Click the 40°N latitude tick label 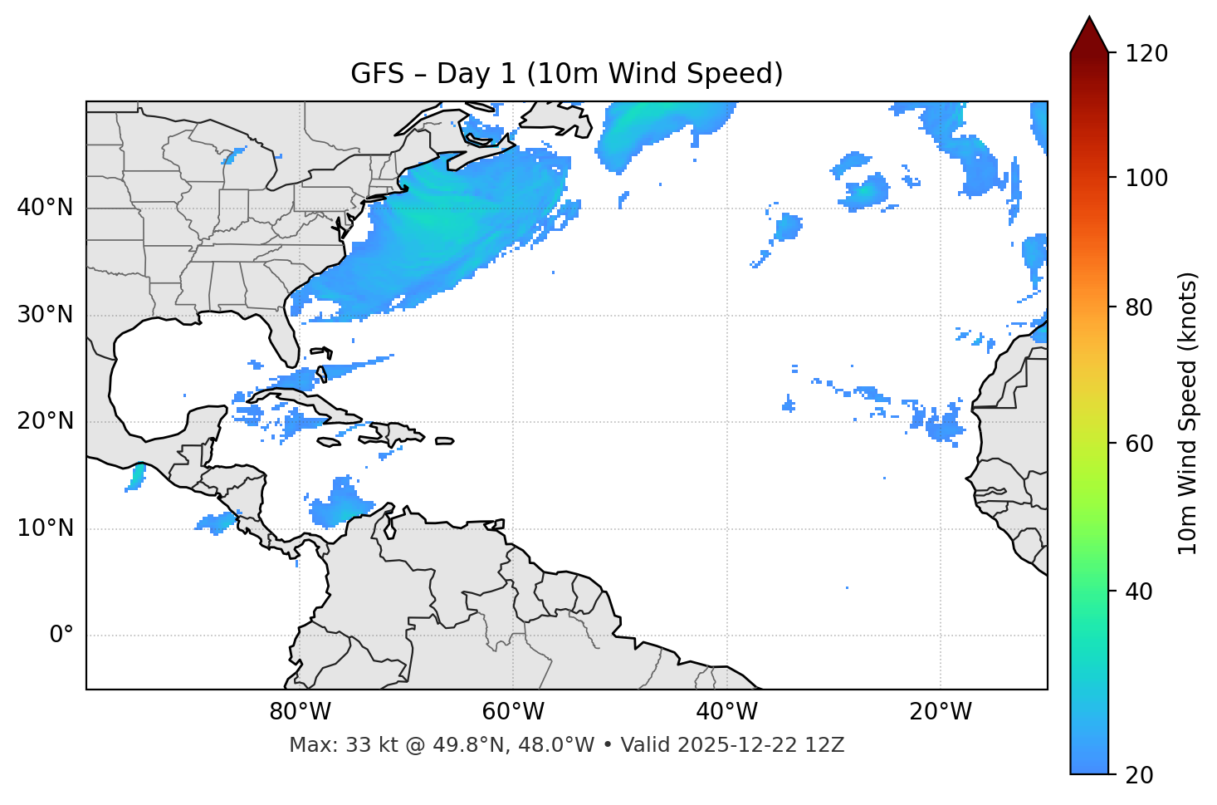point(45,208)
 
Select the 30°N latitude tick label point(45,315)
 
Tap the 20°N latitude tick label point(45,421)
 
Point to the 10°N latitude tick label point(45,528)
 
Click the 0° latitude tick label point(61,636)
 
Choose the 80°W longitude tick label point(300,712)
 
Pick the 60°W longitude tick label point(513,712)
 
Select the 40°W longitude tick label point(726,712)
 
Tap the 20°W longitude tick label point(941,712)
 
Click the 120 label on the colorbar point(1146,54)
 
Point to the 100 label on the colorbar point(1146,178)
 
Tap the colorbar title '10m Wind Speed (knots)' point(1188,413)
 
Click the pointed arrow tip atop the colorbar point(1089,20)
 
